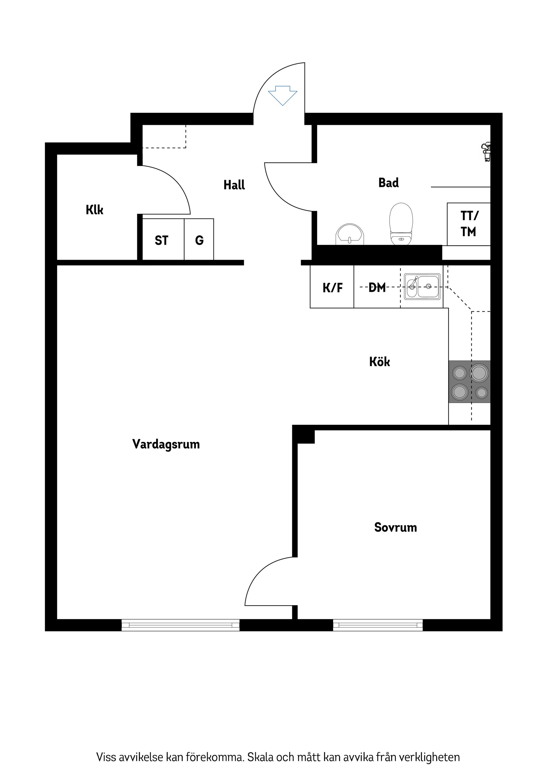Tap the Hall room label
234,185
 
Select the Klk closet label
95,210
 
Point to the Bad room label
388,183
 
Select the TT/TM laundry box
469,224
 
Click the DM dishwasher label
377,288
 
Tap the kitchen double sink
422,287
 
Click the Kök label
380,362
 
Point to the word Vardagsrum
166,444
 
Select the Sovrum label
396,528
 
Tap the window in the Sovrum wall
378,624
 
